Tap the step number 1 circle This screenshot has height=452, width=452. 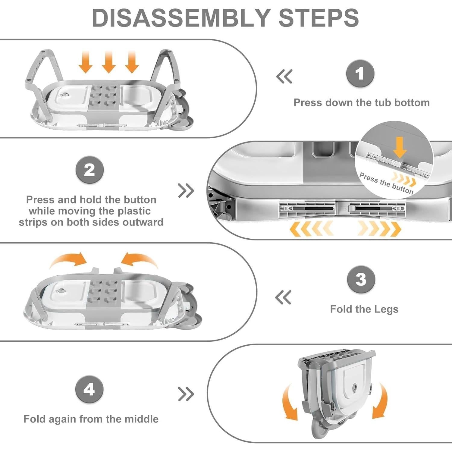point(360,74)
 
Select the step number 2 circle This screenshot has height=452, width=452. point(89,170)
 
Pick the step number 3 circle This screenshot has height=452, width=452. point(361,280)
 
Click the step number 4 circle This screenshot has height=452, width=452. point(89,390)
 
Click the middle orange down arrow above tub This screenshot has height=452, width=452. point(108,62)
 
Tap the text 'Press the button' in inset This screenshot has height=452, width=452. point(386,183)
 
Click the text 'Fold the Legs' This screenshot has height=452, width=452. point(364,309)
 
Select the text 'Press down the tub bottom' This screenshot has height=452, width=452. point(361,102)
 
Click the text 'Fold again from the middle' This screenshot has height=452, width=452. point(91,419)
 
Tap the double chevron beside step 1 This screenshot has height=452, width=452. point(284,77)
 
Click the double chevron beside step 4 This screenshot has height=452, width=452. point(186,394)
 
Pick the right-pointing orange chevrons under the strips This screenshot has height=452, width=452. point(379,228)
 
